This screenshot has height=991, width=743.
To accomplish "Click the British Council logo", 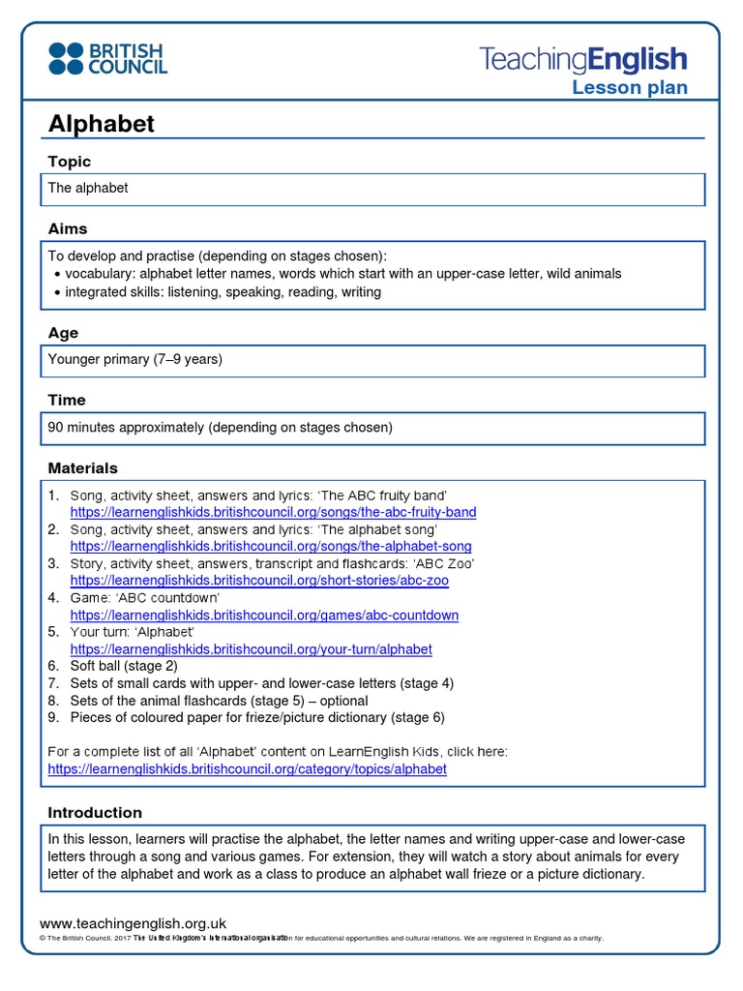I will click(x=107, y=58).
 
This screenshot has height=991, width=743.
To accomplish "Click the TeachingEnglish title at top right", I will click(x=583, y=59).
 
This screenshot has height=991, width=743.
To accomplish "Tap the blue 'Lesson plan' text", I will click(x=629, y=88).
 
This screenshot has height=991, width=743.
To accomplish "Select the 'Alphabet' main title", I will click(x=102, y=124).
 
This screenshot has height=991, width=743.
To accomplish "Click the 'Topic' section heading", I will click(x=70, y=162).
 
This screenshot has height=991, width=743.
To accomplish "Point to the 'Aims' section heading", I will click(x=68, y=228).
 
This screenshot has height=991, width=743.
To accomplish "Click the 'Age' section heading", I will click(x=63, y=333).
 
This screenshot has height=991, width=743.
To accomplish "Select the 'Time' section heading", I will click(x=67, y=400).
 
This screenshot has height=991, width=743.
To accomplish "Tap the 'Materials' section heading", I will click(x=83, y=467).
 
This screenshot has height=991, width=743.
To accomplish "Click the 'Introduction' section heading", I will click(x=95, y=812).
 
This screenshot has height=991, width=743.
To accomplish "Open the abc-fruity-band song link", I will click(x=273, y=512).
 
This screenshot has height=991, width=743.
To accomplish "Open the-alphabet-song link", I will click(x=271, y=547).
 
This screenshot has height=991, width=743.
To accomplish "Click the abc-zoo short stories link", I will click(x=259, y=581).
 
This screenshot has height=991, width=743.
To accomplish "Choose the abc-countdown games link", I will click(x=264, y=616).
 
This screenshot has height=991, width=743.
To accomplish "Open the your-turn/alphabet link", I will click(x=251, y=649).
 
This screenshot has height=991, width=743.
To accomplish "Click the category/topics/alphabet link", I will click(x=248, y=769).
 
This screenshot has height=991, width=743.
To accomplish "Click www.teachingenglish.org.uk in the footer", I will click(x=133, y=924).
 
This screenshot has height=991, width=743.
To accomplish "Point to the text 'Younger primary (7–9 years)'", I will click(x=135, y=359).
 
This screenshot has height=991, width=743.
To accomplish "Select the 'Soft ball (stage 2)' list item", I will click(x=124, y=666).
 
